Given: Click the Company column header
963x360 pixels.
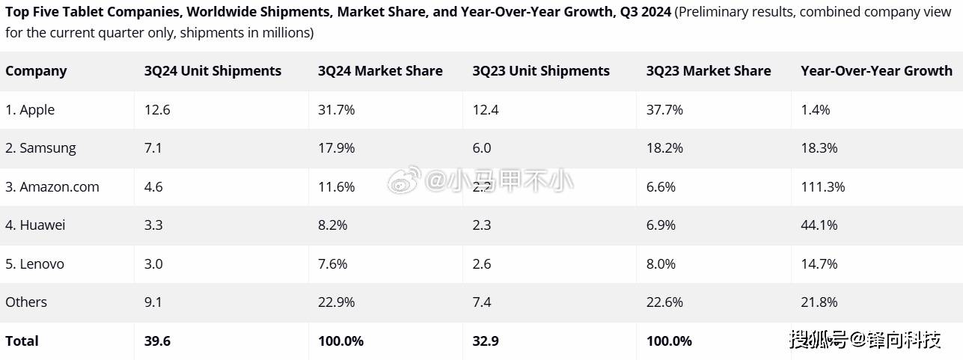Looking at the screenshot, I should click(36, 71).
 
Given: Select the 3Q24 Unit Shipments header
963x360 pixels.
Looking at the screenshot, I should click(213, 71).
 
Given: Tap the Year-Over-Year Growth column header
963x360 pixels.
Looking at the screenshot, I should click(876, 71).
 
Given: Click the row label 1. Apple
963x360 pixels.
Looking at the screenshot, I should click(30, 110).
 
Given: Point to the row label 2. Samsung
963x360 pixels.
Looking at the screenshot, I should click(40, 148).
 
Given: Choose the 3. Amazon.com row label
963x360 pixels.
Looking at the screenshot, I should click(52, 187).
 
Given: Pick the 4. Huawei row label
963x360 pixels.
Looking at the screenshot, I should click(35, 225).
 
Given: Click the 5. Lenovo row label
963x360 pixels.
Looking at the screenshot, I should click(34, 263).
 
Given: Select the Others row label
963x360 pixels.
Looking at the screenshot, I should click(26, 302).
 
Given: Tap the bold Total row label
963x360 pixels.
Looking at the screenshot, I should click(22, 341).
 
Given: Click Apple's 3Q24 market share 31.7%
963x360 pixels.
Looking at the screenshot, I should click(336, 110).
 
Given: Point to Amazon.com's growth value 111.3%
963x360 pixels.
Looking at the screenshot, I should click(822, 187).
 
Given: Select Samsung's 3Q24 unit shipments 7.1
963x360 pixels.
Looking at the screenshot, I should click(154, 148).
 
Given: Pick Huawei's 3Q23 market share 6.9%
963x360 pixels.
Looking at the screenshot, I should click(664, 225).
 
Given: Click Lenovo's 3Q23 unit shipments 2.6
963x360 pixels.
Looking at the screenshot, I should click(482, 263).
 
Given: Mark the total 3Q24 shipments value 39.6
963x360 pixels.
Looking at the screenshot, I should click(157, 341).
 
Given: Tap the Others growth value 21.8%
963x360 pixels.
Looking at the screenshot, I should click(819, 302).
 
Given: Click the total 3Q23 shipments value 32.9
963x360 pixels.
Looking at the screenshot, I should click(486, 341).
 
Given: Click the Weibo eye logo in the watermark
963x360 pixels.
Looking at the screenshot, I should click(405, 180).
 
